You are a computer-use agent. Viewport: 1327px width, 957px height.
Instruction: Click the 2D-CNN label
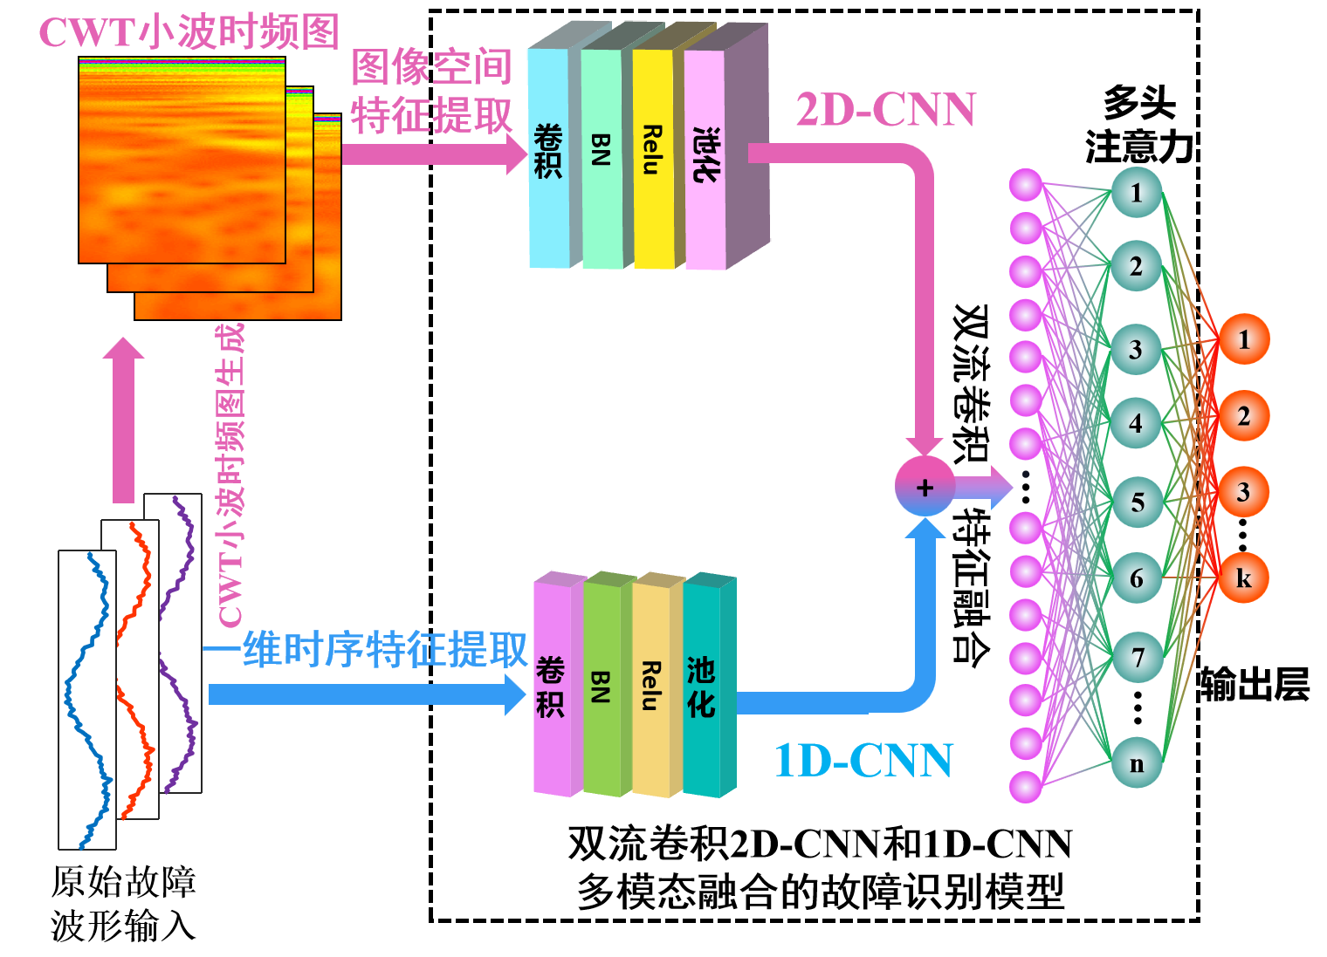click(x=885, y=111)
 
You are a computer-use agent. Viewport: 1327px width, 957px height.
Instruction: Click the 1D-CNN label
click(x=863, y=761)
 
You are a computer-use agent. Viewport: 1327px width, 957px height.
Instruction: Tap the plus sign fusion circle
click(x=925, y=487)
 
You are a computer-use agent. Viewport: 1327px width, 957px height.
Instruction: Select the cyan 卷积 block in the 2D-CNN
click(x=548, y=157)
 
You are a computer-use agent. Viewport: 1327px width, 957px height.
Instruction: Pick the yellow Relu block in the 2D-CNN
click(x=652, y=157)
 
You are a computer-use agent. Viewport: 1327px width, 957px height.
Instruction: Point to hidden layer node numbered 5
click(x=1137, y=502)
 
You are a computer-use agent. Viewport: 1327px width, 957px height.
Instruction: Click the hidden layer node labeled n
click(x=1137, y=763)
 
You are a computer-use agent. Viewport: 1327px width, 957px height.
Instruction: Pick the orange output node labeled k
click(x=1243, y=578)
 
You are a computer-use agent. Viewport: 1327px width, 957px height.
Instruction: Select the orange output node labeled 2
click(x=1243, y=416)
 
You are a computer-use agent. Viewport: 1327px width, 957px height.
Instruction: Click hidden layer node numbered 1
click(x=1137, y=192)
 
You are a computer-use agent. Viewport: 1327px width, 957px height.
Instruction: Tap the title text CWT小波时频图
click(x=189, y=33)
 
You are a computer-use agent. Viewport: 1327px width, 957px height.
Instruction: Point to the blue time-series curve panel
click(x=87, y=698)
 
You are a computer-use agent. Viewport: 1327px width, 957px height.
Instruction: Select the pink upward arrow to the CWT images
click(x=123, y=419)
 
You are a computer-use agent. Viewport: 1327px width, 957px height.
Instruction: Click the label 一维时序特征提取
click(x=367, y=650)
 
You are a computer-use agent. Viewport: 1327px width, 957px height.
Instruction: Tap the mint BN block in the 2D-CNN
click(x=601, y=157)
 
